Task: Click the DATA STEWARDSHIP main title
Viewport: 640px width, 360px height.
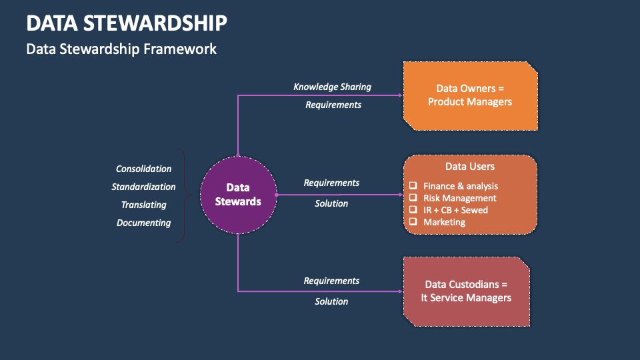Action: click(127, 23)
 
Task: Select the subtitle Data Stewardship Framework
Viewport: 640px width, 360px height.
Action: click(121, 49)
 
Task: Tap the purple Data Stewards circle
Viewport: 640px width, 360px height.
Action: click(238, 195)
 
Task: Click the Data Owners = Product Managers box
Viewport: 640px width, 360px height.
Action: click(470, 95)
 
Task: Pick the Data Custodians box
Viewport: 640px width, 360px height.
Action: click(466, 291)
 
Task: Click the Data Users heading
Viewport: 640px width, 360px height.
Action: click(470, 167)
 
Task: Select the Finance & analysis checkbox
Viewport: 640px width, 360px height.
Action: click(413, 186)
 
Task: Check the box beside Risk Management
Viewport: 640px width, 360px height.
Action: click(413, 198)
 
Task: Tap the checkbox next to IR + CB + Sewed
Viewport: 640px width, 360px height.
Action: click(413, 210)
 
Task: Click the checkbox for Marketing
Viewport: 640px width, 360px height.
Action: click(413, 222)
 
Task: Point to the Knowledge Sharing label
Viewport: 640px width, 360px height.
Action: click(332, 87)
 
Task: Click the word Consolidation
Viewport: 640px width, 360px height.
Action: click(143, 169)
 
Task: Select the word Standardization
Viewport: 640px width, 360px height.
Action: click(143, 187)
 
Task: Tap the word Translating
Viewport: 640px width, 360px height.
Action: click(143, 205)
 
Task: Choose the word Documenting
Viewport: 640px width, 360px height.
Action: click(143, 223)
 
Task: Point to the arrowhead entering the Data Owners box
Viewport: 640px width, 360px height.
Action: click(400, 95)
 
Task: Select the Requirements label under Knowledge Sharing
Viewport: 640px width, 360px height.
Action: click(333, 105)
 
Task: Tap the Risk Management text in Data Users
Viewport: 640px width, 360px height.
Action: click(460, 198)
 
